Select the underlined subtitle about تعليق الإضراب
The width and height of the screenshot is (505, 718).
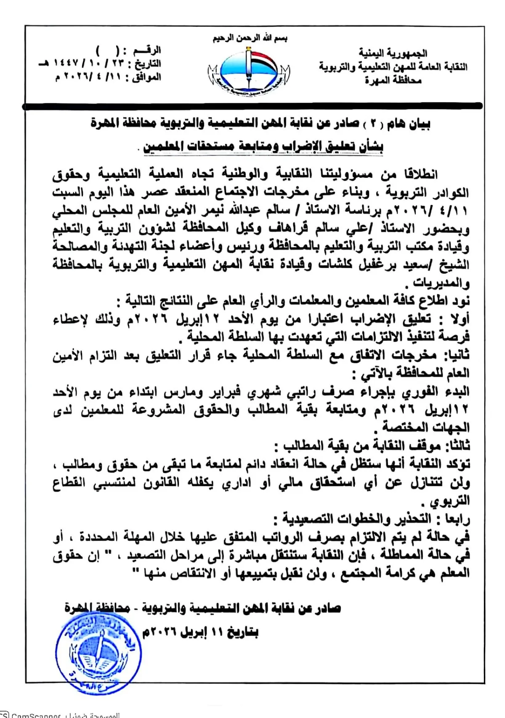click(263, 147)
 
